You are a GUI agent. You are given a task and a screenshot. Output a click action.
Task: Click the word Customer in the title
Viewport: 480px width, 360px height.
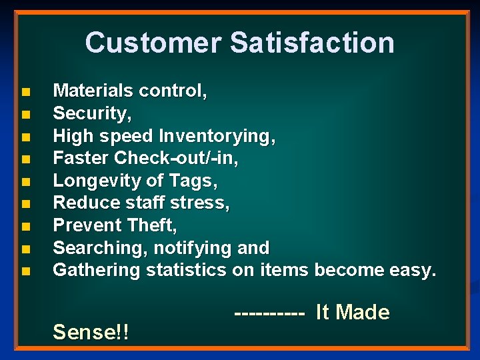click(153, 43)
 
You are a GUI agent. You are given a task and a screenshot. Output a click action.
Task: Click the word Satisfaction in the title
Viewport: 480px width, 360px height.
click(312, 43)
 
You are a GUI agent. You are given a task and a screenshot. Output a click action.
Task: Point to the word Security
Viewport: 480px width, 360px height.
click(91, 114)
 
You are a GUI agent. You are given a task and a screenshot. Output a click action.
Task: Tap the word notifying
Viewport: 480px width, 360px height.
click(193, 248)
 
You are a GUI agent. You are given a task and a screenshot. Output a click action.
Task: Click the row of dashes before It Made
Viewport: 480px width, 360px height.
click(270, 312)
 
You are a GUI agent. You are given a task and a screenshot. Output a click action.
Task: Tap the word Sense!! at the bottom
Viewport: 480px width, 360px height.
click(91, 331)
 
